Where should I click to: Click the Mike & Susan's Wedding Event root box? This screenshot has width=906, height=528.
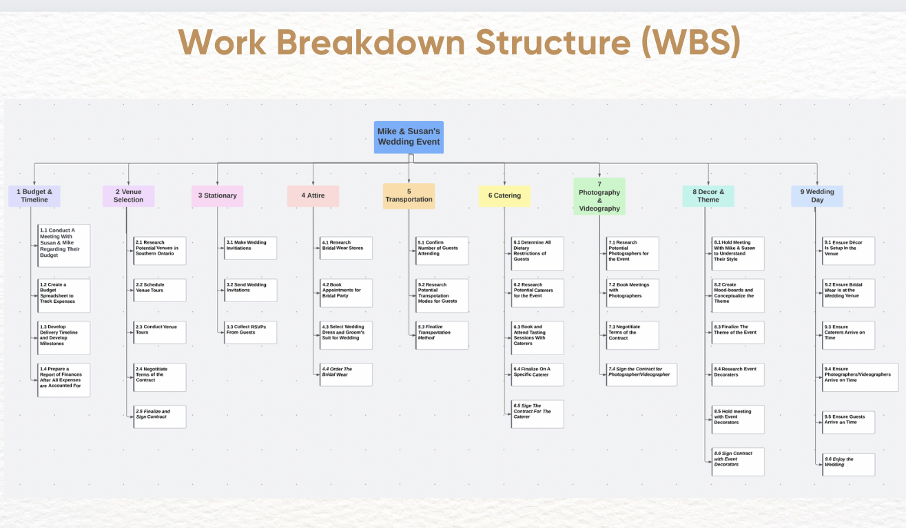(x=409, y=137)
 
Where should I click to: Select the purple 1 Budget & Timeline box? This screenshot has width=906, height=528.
(x=34, y=196)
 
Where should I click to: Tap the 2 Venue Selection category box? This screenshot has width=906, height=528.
(x=129, y=196)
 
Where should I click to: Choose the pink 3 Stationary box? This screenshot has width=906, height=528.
(x=217, y=196)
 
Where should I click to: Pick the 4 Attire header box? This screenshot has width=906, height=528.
(x=313, y=196)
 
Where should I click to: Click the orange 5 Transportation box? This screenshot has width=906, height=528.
(x=409, y=196)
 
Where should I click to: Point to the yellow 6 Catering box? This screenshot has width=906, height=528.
(x=504, y=196)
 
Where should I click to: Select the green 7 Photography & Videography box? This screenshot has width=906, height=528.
(x=599, y=196)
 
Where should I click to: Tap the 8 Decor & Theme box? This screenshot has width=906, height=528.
(x=708, y=196)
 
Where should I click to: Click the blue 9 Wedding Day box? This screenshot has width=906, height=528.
(x=817, y=196)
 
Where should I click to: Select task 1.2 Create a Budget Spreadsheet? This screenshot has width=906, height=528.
(x=64, y=293)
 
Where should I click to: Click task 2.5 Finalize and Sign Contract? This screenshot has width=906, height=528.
(x=160, y=417)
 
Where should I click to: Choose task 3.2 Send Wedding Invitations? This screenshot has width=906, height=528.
(x=251, y=291)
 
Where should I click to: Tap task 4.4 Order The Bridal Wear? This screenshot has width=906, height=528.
(x=347, y=374)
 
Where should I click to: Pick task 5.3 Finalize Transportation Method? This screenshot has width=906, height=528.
(x=442, y=335)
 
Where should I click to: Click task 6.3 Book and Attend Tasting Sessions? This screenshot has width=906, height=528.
(x=538, y=338)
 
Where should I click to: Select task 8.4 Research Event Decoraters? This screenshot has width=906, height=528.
(x=739, y=374)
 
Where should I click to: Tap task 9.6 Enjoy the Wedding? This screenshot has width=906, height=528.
(x=849, y=465)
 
